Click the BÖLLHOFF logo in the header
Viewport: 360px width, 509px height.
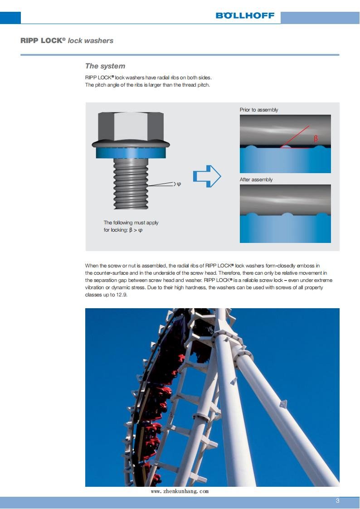click(x=245, y=15)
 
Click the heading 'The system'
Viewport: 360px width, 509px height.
click(x=105, y=66)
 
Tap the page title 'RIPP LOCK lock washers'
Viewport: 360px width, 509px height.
click(x=67, y=41)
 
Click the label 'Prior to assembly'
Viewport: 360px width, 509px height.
click(x=259, y=110)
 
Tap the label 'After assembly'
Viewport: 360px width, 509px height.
click(x=256, y=179)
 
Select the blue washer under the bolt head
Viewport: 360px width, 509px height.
click(x=130, y=153)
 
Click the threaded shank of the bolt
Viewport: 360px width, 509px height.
click(x=130, y=184)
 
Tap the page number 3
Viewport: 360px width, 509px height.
click(x=337, y=501)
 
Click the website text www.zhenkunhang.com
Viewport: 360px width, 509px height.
click(x=180, y=491)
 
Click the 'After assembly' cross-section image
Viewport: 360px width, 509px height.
click(x=285, y=213)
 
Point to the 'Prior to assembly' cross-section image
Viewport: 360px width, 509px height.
click(x=285, y=144)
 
